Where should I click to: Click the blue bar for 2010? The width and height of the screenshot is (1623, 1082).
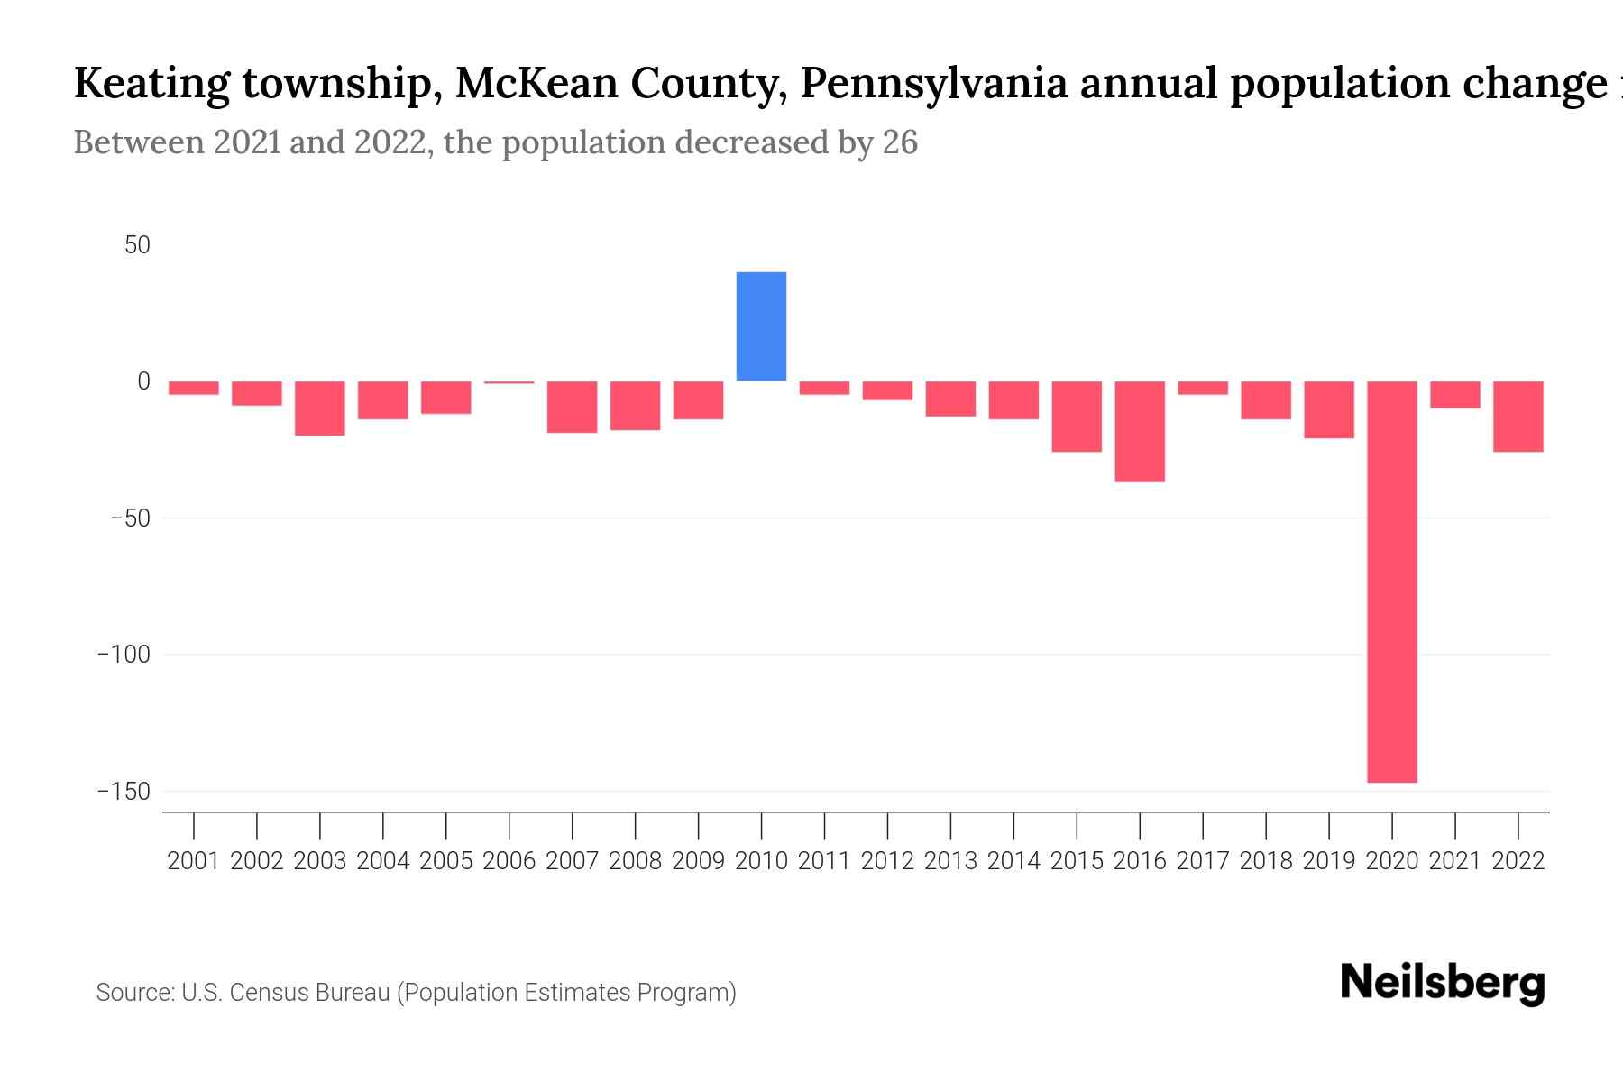(x=761, y=326)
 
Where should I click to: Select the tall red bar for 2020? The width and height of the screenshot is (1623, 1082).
(x=1391, y=582)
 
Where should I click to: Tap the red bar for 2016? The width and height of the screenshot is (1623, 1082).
(x=1140, y=432)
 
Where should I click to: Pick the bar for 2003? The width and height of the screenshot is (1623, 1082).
(x=320, y=408)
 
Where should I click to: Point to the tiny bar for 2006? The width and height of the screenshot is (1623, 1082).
(x=509, y=382)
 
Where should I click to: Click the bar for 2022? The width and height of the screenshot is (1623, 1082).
(x=1518, y=417)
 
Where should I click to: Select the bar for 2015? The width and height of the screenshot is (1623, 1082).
(x=1077, y=417)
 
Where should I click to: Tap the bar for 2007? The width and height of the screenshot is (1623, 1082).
(x=572, y=407)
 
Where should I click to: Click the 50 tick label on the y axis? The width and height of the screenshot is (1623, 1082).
(x=137, y=245)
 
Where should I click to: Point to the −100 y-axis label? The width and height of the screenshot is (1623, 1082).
(x=124, y=655)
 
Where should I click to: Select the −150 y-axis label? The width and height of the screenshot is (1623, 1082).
(x=124, y=792)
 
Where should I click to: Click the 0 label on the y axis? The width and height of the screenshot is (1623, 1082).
(x=143, y=381)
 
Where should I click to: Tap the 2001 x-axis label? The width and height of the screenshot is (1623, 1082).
(x=194, y=861)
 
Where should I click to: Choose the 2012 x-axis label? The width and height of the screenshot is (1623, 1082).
(x=887, y=861)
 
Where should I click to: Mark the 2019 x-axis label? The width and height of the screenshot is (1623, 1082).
(x=1328, y=861)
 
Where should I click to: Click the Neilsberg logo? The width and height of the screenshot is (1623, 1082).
(x=1442, y=983)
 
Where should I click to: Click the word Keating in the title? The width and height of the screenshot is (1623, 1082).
(x=151, y=84)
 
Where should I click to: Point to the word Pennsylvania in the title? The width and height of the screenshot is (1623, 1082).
(x=934, y=84)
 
